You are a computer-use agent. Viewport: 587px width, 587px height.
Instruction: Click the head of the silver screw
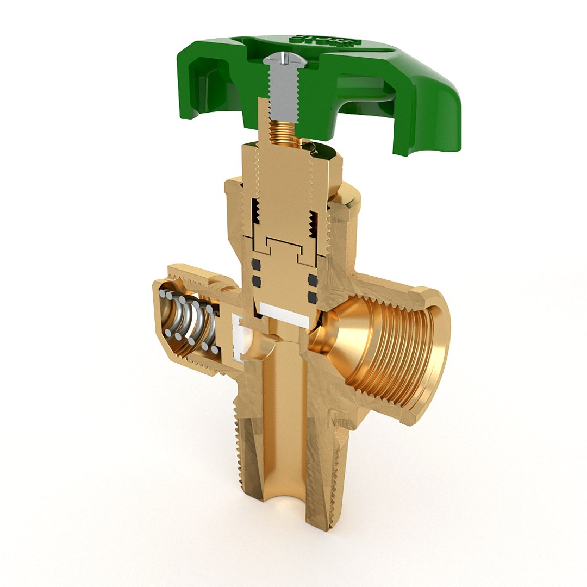283,59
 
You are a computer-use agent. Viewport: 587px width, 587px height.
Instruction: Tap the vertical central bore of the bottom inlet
283,408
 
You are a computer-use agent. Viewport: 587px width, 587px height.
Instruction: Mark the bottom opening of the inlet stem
284,511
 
